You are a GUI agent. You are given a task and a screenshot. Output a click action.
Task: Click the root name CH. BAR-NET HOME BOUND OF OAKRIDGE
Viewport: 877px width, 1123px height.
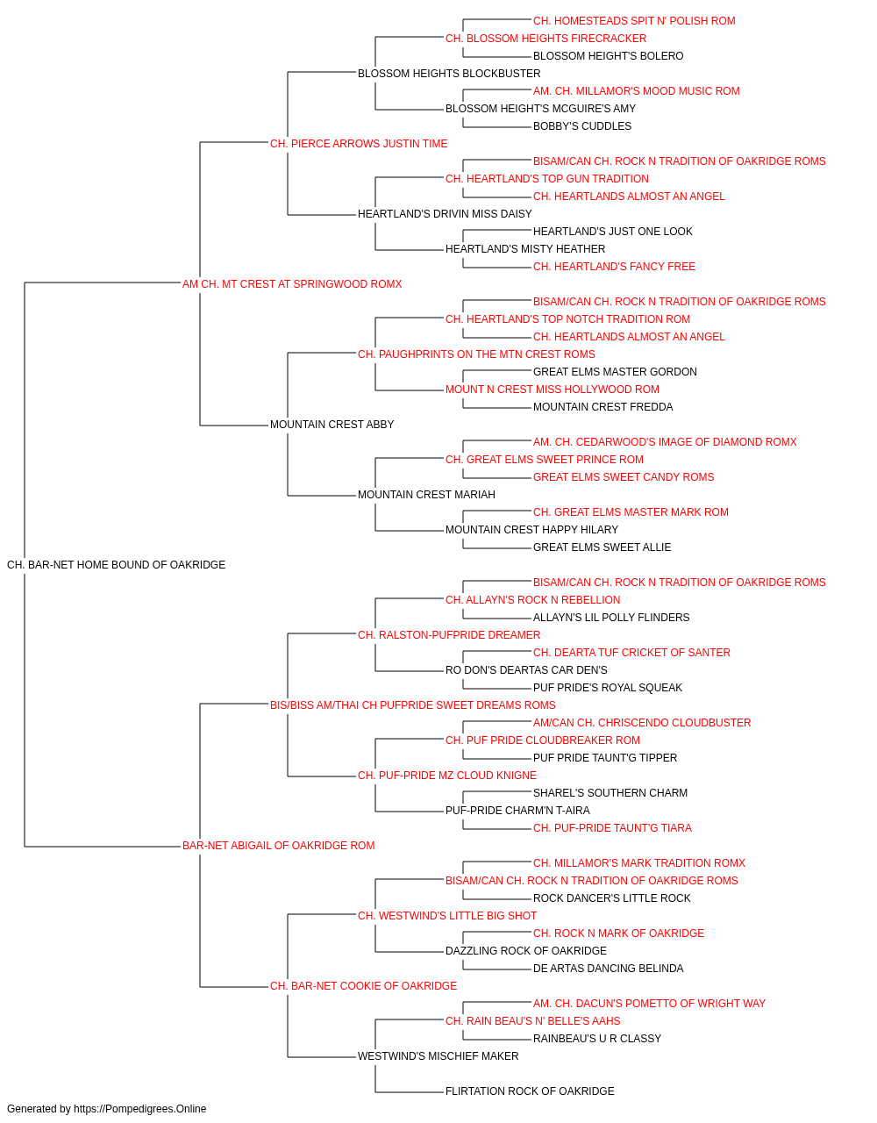coord(117,565)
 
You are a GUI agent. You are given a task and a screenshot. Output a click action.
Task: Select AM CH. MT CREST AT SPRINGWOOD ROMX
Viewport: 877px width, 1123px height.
coord(292,284)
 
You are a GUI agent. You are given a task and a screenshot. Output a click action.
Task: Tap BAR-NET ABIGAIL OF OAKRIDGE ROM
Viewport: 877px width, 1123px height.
coord(278,846)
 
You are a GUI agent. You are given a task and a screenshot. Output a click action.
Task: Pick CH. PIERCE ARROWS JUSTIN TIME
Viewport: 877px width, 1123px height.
coord(359,144)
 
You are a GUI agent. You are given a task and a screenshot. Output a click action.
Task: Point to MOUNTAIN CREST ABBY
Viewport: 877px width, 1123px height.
coord(332,425)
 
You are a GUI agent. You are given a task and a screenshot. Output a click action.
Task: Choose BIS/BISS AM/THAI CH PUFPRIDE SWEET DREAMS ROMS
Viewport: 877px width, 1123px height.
coord(413,705)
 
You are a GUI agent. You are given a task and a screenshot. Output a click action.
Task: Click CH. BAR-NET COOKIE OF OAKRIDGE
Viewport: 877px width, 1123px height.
coord(363,986)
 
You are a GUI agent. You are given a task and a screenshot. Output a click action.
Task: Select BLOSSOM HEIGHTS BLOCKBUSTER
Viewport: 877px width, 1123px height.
coord(449,74)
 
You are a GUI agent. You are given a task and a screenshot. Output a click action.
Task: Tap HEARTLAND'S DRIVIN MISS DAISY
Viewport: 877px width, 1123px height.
coord(445,214)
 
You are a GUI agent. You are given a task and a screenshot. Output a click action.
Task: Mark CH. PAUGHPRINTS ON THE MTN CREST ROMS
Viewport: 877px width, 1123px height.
coord(476,354)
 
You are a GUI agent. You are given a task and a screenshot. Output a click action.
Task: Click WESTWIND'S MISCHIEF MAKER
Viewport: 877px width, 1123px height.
coord(438,1056)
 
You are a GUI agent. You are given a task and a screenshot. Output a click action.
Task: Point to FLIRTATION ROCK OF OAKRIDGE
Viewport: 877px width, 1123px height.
coord(530,1091)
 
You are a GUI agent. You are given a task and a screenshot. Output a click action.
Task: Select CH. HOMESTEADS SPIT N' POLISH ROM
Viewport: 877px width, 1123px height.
coord(634,21)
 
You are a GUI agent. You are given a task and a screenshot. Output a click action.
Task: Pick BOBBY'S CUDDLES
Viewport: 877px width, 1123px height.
coord(582,126)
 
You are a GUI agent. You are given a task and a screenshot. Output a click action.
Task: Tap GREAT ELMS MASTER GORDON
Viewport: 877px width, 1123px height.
coord(615,372)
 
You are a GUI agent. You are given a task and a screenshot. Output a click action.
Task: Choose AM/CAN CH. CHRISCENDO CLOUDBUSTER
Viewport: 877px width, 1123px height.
coord(642,723)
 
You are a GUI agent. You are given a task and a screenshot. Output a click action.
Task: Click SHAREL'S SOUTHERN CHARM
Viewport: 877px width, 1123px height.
coord(610,793)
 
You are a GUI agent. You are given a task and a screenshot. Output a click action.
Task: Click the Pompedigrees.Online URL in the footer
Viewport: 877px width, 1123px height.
coord(139,1109)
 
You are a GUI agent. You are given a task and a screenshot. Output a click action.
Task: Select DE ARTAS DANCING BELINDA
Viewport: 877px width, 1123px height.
coord(608,969)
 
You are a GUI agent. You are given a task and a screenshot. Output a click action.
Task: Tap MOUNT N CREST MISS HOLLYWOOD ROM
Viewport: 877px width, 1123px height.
coord(553,390)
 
